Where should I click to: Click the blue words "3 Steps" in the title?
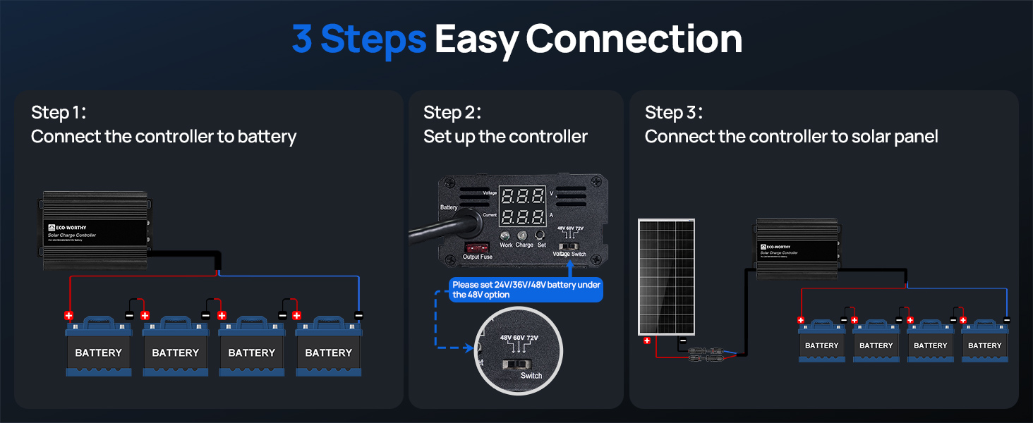click(358, 39)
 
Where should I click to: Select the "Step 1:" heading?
click(59, 113)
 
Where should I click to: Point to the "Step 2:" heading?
click(452, 113)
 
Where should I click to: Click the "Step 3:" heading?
click(674, 113)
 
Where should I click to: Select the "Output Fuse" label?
click(478, 257)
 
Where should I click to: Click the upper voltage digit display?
click(522, 196)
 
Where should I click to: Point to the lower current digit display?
click(522, 216)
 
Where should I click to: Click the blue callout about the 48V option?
click(526, 290)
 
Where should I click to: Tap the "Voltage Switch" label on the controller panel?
click(569, 254)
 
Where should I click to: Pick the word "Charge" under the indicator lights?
click(524, 245)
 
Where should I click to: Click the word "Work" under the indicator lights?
click(506, 245)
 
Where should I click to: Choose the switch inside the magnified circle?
click(516, 364)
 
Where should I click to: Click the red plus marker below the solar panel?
click(646, 341)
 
